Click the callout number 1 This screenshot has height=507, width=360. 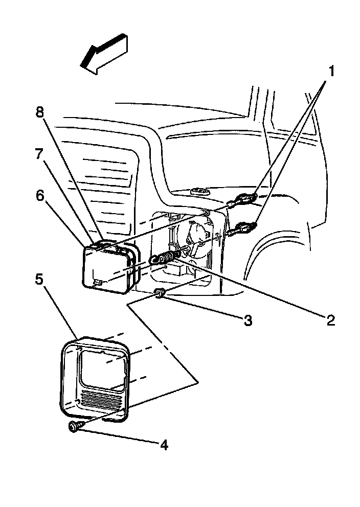tap(331, 71)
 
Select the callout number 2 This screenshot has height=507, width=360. tap(330, 320)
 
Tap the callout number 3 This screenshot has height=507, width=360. tap(247, 321)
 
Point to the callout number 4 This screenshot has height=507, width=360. tap(163, 445)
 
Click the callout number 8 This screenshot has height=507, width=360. tap(40, 112)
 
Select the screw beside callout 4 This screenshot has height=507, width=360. tap(75, 426)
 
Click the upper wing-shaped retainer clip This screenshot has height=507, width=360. tap(246, 198)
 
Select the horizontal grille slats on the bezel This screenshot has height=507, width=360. tap(102, 400)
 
